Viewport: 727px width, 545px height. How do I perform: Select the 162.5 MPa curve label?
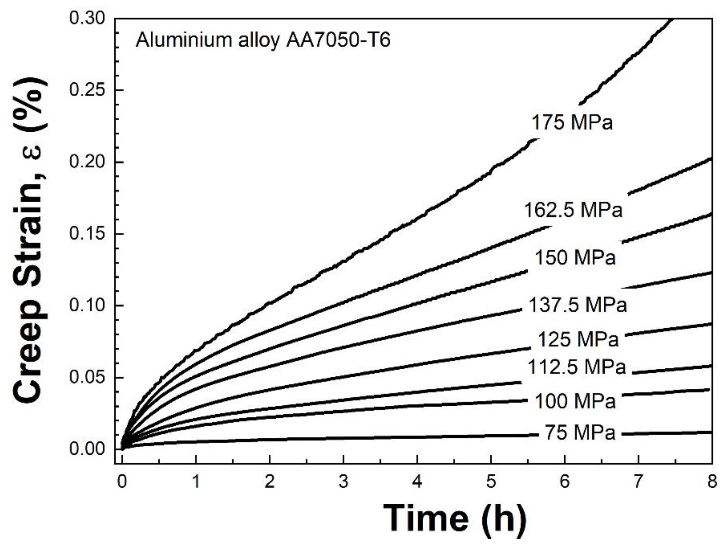coord(573,210)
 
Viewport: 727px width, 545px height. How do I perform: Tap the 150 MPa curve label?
coord(575,257)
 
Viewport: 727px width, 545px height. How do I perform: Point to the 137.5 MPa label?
coord(578,305)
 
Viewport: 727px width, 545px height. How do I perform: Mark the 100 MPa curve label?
coord(575,401)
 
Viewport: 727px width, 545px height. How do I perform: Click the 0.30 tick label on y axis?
coord(87,18)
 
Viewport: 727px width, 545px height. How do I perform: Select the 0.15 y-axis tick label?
coord(87,234)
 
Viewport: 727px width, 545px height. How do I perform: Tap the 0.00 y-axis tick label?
coord(87,449)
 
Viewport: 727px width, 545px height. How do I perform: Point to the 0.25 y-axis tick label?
coord(87,90)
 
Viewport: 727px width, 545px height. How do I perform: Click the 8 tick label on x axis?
coord(712,482)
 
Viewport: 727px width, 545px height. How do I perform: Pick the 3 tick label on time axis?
coord(344,482)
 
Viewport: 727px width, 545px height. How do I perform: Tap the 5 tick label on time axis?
coord(491,482)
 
